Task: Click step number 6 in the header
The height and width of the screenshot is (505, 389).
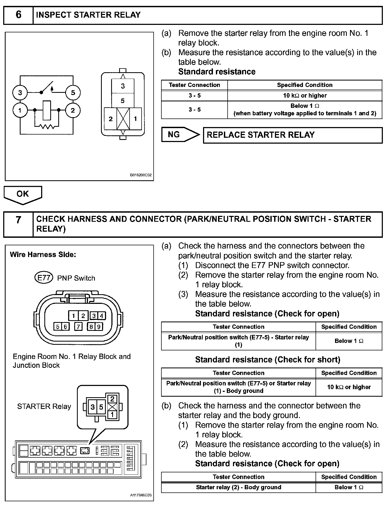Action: (x=18, y=15)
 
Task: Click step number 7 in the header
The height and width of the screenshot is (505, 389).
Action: (x=18, y=220)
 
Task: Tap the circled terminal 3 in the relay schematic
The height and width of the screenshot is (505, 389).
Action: (x=20, y=93)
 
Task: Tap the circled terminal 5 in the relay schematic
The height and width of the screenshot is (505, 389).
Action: (x=73, y=93)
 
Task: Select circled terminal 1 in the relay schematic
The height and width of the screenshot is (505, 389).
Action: (x=20, y=110)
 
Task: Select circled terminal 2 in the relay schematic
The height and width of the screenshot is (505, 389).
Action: (x=73, y=110)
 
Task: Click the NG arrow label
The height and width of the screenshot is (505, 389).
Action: (x=174, y=135)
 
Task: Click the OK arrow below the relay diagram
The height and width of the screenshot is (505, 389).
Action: (x=23, y=194)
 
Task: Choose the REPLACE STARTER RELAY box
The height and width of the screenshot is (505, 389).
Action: (x=293, y=135)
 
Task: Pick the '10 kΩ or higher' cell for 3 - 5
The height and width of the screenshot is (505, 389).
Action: (x=305, y=95)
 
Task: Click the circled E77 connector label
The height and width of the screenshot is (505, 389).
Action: (x=44, y=278)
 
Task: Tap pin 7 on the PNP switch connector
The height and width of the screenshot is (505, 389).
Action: (x=78, y=327)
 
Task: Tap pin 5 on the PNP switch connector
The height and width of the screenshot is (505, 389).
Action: (x=58, y=327)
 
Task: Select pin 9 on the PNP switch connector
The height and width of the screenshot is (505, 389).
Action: (x=99, y=327)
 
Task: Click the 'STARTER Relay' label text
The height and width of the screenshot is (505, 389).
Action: (x=44, y=407)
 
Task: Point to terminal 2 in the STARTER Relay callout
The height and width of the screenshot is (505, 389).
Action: (x=112, y=399)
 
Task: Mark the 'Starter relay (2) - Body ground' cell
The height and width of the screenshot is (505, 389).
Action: (x=238, y=487)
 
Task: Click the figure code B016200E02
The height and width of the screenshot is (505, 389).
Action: (x=141, y=175)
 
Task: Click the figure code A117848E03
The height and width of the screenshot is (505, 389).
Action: (x=141, y=495)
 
